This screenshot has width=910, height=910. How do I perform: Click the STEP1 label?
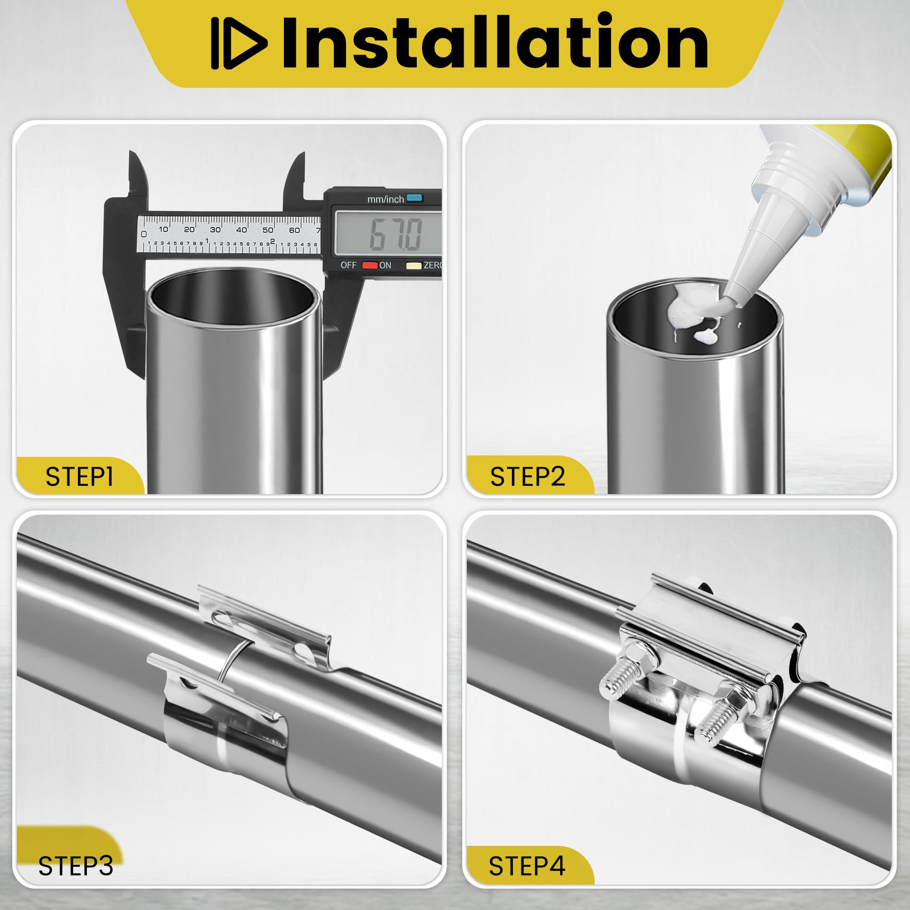[79, 477]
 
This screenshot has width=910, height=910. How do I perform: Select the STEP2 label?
[527, 477]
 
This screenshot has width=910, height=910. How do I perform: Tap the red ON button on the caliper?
[370, 265]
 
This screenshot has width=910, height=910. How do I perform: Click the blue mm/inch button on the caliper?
[415, 198]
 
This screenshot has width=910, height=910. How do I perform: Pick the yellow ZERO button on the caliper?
[414, 265]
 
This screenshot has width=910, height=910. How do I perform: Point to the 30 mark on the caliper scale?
[215, 229]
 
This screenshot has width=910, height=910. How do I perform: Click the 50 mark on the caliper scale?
[268, 230]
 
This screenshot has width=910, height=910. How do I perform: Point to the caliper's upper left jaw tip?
[131, 153]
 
